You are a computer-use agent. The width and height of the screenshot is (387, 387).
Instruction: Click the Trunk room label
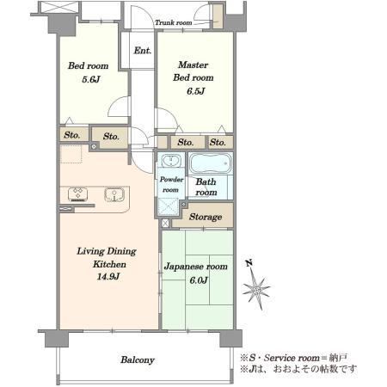pos(174,22)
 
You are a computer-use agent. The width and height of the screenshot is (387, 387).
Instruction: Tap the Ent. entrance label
pos(143,51)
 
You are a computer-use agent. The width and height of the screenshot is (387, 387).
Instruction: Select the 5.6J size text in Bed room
pos(91,79)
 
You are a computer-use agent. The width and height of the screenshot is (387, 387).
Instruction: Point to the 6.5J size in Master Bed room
pos(196,91)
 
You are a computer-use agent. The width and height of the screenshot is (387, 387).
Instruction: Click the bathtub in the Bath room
pos(211,163)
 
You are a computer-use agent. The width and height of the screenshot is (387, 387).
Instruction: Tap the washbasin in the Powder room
pos(171,161)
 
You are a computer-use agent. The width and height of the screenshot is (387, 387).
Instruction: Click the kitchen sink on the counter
pos(114,194)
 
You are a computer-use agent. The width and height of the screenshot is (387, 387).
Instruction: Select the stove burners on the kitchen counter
pos(77,194)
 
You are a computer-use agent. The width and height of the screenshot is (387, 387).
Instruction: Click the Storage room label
pos(206,217)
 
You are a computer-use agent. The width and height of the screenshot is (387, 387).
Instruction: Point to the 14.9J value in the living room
pos(108,277)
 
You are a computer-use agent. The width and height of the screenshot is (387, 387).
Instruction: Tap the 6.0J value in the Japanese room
pos(199,280)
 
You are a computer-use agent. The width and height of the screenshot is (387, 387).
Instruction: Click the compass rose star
pos(256,288)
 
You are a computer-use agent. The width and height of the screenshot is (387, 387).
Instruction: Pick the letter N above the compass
pos(249,262)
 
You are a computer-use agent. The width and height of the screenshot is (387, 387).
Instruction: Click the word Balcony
pos(138,360)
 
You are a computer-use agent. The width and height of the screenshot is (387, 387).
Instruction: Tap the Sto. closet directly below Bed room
pos(72,135)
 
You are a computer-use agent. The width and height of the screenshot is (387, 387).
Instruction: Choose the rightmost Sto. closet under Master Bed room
pos(218,142)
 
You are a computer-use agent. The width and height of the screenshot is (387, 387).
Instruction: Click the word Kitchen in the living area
pos(109,264)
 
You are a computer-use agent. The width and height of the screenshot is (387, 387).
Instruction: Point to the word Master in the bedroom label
pos(193,64)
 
